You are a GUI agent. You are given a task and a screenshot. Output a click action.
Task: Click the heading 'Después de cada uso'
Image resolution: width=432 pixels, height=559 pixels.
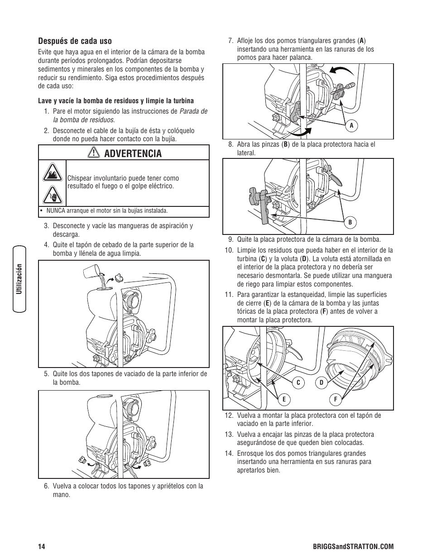[75, 41]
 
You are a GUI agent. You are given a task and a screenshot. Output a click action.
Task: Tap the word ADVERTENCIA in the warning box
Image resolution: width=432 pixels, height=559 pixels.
[132, 153]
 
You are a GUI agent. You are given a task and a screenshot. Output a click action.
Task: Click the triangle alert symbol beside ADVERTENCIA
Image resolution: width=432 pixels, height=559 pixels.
[94, 153]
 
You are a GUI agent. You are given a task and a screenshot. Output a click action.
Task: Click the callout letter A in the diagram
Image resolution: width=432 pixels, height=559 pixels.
[350, 125]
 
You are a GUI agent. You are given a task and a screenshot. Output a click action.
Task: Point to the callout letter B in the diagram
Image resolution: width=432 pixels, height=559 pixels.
[350, 222]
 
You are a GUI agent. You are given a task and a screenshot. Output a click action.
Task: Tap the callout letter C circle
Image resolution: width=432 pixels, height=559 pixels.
[298, 383]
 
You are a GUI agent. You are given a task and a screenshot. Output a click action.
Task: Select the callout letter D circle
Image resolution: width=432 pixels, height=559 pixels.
[321, 383]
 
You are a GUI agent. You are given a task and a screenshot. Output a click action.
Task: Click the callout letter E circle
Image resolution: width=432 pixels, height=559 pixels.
[284, 399]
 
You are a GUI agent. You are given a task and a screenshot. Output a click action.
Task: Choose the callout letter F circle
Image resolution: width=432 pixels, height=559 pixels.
[336, 399]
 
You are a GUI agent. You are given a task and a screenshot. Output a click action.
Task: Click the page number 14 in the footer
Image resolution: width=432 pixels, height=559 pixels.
[42, 547]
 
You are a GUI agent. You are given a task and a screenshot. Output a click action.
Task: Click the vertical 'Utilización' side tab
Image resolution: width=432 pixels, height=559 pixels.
[19, 279]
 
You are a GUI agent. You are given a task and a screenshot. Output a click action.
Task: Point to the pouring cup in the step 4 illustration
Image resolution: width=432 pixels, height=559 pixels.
[92, 272]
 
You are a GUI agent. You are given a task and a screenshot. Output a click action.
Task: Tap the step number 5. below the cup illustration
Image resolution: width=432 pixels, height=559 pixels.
[46, 374]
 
